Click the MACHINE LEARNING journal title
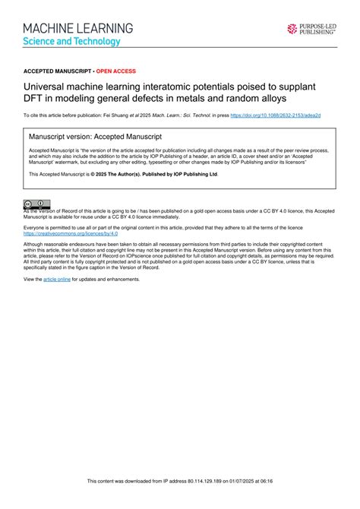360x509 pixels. pos(77,28)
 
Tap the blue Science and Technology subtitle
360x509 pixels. pos(71,41)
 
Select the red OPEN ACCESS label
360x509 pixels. pos(115,71)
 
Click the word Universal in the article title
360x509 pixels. pos(46,87)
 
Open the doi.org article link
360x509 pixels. pos(275,115)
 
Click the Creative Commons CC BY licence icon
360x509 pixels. pos(36,204)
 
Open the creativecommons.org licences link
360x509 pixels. pos(65,234)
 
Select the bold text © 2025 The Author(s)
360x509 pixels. pos(127,174)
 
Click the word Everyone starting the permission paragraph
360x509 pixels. pos(36,227)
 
